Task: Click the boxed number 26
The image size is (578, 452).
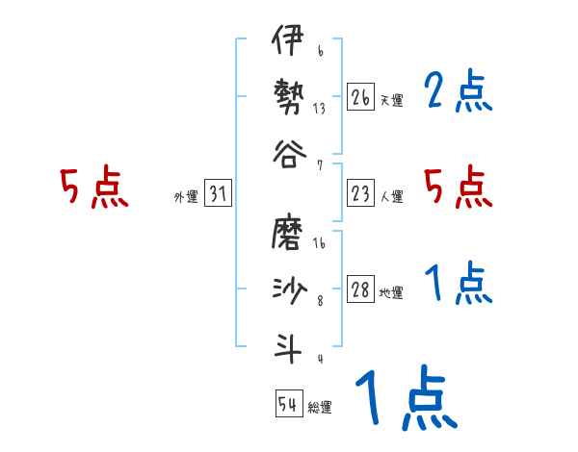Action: click(x=360, y=97)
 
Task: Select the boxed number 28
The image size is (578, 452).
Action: click(x=360, y=291)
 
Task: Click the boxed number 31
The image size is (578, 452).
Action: click(x=217, y=195)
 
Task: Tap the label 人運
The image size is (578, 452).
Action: click(x=391, y=197)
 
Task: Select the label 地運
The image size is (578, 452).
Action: click(x=391, y=293)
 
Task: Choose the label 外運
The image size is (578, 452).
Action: click(x=186, y=197)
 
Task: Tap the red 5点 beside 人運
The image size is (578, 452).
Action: click(x=459, y=187)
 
